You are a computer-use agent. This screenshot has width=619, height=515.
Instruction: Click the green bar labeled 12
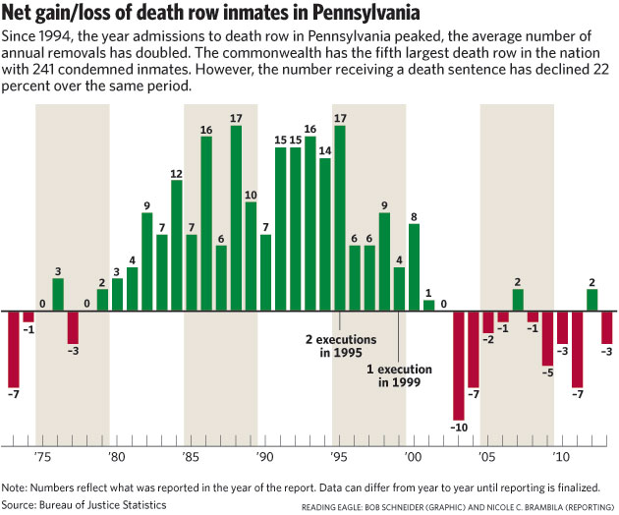tap(177, 246)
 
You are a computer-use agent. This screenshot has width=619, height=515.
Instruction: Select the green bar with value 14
tap(325, 234)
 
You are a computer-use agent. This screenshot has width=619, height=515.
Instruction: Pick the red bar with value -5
tap(547, 337)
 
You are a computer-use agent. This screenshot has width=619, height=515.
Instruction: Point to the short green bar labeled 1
tap(428, 305)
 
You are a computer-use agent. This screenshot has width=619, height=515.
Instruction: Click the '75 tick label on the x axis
tap(42, 457)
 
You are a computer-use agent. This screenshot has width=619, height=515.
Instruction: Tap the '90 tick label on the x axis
tap(264, 457)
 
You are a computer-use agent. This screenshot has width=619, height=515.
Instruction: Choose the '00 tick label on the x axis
tap(413, 457)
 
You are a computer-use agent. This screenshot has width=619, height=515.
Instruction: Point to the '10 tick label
tap(560, 457)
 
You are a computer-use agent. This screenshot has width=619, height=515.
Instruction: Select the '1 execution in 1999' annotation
tap(399, 376)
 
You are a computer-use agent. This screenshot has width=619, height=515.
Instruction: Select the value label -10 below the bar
tap(458, 427)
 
